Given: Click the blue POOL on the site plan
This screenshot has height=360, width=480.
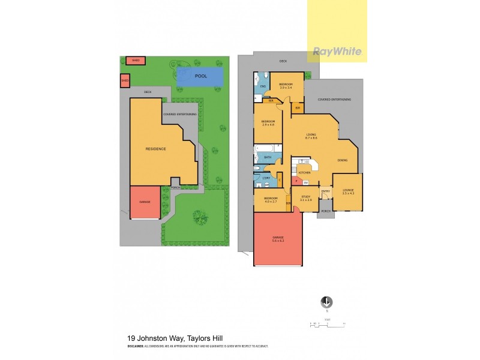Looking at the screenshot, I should click(200, 76).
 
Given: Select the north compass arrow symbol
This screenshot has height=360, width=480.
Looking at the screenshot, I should click(327, 302).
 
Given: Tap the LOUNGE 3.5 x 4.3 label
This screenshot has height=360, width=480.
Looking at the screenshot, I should click(348, 192).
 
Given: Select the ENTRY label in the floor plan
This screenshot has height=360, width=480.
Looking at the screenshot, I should click(325, 191).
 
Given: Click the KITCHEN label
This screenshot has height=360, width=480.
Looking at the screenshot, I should click(304, 172).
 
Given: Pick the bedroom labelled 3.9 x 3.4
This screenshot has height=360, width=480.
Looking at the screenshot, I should click(286, 85).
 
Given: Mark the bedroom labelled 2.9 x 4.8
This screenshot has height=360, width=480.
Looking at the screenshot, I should click(268, 123).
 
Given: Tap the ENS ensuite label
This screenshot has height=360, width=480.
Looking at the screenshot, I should click(262, 86).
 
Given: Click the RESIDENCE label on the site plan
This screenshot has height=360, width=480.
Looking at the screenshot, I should click(155, 148).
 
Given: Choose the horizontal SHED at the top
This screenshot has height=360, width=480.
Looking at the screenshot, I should click(136, 60).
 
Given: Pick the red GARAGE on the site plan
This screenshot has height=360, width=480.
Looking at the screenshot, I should click(145, 202).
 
